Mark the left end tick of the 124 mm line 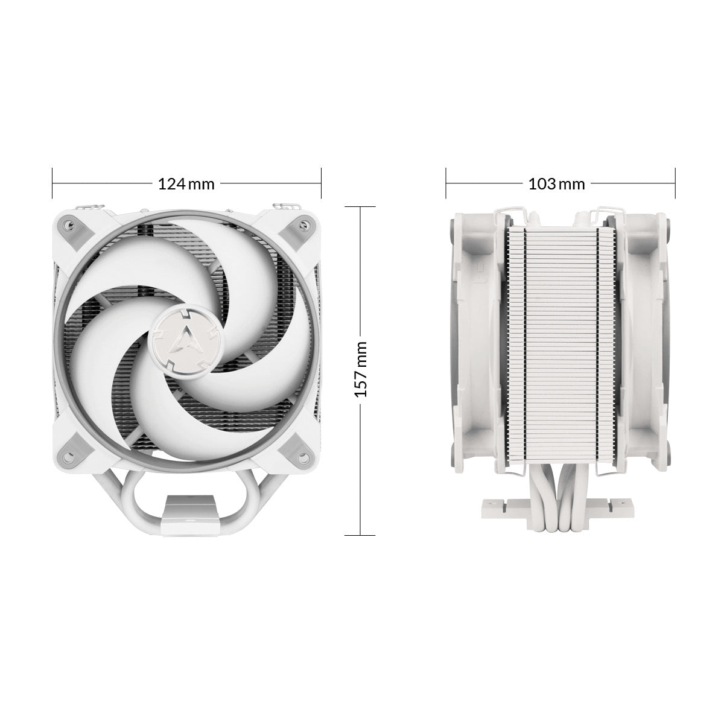[x=53, y=183]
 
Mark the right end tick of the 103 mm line [x=674, y=183]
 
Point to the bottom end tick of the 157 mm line [x=360, y=535]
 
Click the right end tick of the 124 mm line [x=321, y=183]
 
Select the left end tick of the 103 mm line [x=446, y=183]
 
